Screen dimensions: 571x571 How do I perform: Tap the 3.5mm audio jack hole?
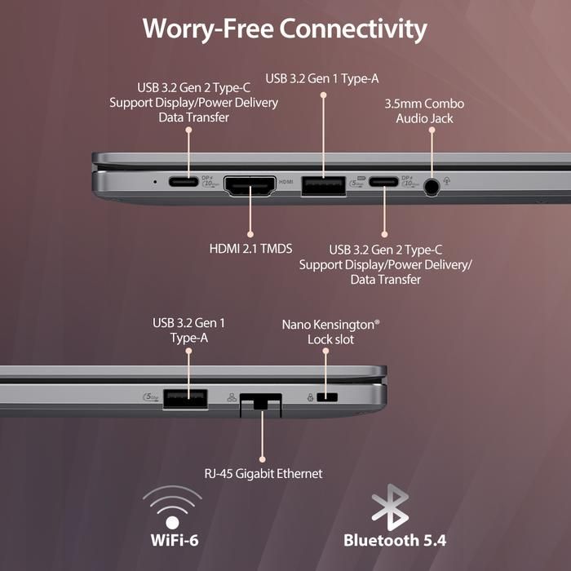432,186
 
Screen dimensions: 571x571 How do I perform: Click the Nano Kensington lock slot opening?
327,398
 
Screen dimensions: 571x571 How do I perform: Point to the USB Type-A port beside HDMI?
323,185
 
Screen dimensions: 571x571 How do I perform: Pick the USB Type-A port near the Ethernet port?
184,398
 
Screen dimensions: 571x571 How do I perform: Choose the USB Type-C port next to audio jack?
384,183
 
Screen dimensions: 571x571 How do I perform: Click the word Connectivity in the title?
353,29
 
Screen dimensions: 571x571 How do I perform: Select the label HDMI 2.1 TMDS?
250,248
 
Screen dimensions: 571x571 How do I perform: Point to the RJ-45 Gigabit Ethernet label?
263,474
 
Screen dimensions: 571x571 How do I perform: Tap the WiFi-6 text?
172,539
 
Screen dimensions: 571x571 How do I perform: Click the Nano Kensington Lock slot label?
331,331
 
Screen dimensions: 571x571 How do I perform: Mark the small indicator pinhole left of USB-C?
155,181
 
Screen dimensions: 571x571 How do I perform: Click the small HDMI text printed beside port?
285,183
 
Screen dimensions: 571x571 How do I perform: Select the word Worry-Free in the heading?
207,29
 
